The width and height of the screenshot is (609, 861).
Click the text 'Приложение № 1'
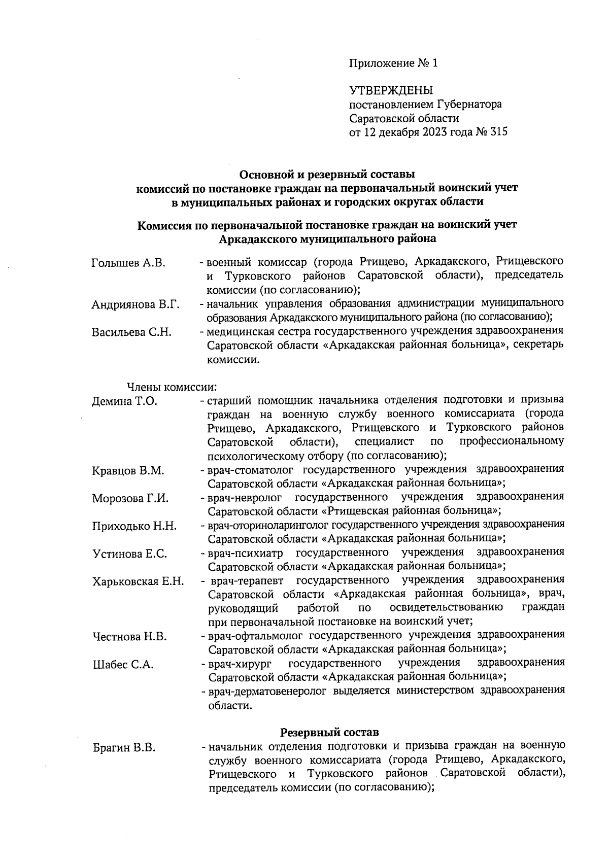click(393, 63)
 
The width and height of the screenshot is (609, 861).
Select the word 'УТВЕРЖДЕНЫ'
click(391, 91)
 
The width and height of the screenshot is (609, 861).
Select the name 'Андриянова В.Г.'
click(136, 304)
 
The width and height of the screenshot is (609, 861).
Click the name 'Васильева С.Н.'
click(131, 332)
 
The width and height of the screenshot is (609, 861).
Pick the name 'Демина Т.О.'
click(124, 401)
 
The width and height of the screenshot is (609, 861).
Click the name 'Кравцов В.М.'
click(128, 471)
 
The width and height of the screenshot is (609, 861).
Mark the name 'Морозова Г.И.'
click(130, 498)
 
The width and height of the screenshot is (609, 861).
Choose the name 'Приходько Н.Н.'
click(134, 526)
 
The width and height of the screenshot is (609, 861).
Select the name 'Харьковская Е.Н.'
click(138, 581)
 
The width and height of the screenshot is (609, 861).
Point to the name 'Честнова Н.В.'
click(129, 637)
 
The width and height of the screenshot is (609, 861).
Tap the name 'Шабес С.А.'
click(123, 665)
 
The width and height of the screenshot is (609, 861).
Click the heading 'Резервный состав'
click(329, 733)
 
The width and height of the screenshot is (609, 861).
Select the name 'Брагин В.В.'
click(124, 748)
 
